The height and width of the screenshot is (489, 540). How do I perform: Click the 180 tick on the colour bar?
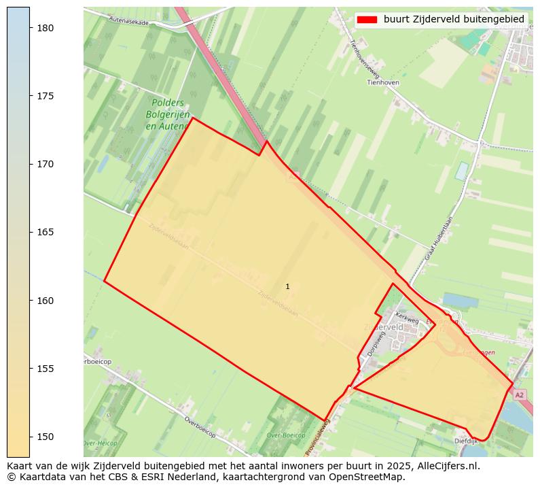(46, 28)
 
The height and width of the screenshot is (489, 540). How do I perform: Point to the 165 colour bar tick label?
(46, 232)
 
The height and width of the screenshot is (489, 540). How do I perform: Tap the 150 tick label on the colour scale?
(46, 437)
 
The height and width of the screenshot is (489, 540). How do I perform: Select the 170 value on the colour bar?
(46, 164)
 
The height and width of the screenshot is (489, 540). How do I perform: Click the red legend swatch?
(367, 20)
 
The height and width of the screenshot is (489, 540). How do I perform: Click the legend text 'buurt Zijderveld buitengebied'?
(454, 20)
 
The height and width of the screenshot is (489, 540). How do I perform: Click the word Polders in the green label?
(167, 103)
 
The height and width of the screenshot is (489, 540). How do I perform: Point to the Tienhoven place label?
(382, 82)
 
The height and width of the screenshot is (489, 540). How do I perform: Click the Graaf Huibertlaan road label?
(439, 238)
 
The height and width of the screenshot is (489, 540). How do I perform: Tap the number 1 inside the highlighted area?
(287, 287)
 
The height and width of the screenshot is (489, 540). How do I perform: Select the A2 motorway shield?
(520, 394)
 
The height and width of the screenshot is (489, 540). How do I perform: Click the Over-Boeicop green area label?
(286, 435)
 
